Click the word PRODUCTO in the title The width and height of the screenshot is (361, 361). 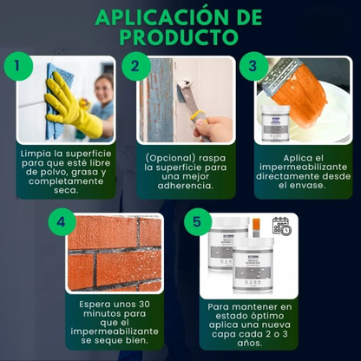coord(180,37)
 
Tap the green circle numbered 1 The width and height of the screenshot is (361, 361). coord(18,66)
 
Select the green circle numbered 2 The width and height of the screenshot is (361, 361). coord(135,66)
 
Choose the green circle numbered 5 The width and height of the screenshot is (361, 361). coord(198,221)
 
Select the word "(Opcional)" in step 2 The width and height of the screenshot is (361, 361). coord(167,157)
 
